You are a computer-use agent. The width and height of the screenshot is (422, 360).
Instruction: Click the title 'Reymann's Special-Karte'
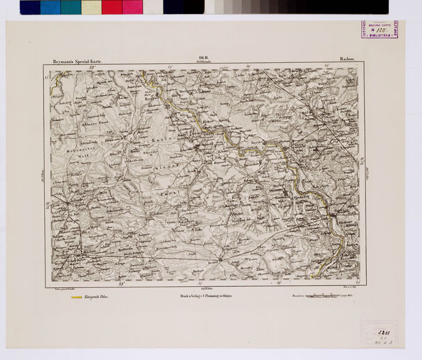click(x=77, y=59)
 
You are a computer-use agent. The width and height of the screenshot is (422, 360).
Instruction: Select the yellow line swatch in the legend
click(x=75, y=298)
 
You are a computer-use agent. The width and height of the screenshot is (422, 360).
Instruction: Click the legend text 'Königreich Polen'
click(x=96, y=298)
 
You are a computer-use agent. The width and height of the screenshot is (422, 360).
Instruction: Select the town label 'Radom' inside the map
click(x=73, y=252)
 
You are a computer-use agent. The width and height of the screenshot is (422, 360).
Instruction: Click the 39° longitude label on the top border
click(x=92, y=67)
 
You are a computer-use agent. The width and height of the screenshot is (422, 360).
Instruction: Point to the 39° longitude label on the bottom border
click(x=121, y=283)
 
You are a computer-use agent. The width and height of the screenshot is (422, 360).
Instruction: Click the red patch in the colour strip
click(x=112, y=7)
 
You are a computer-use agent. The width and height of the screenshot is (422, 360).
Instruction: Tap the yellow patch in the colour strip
click(x=91, y=7)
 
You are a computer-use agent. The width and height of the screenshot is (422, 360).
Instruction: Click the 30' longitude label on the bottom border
click(x=279, y=283)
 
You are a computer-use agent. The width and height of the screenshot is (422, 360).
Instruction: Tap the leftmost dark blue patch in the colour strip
click(x=30, y=7)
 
